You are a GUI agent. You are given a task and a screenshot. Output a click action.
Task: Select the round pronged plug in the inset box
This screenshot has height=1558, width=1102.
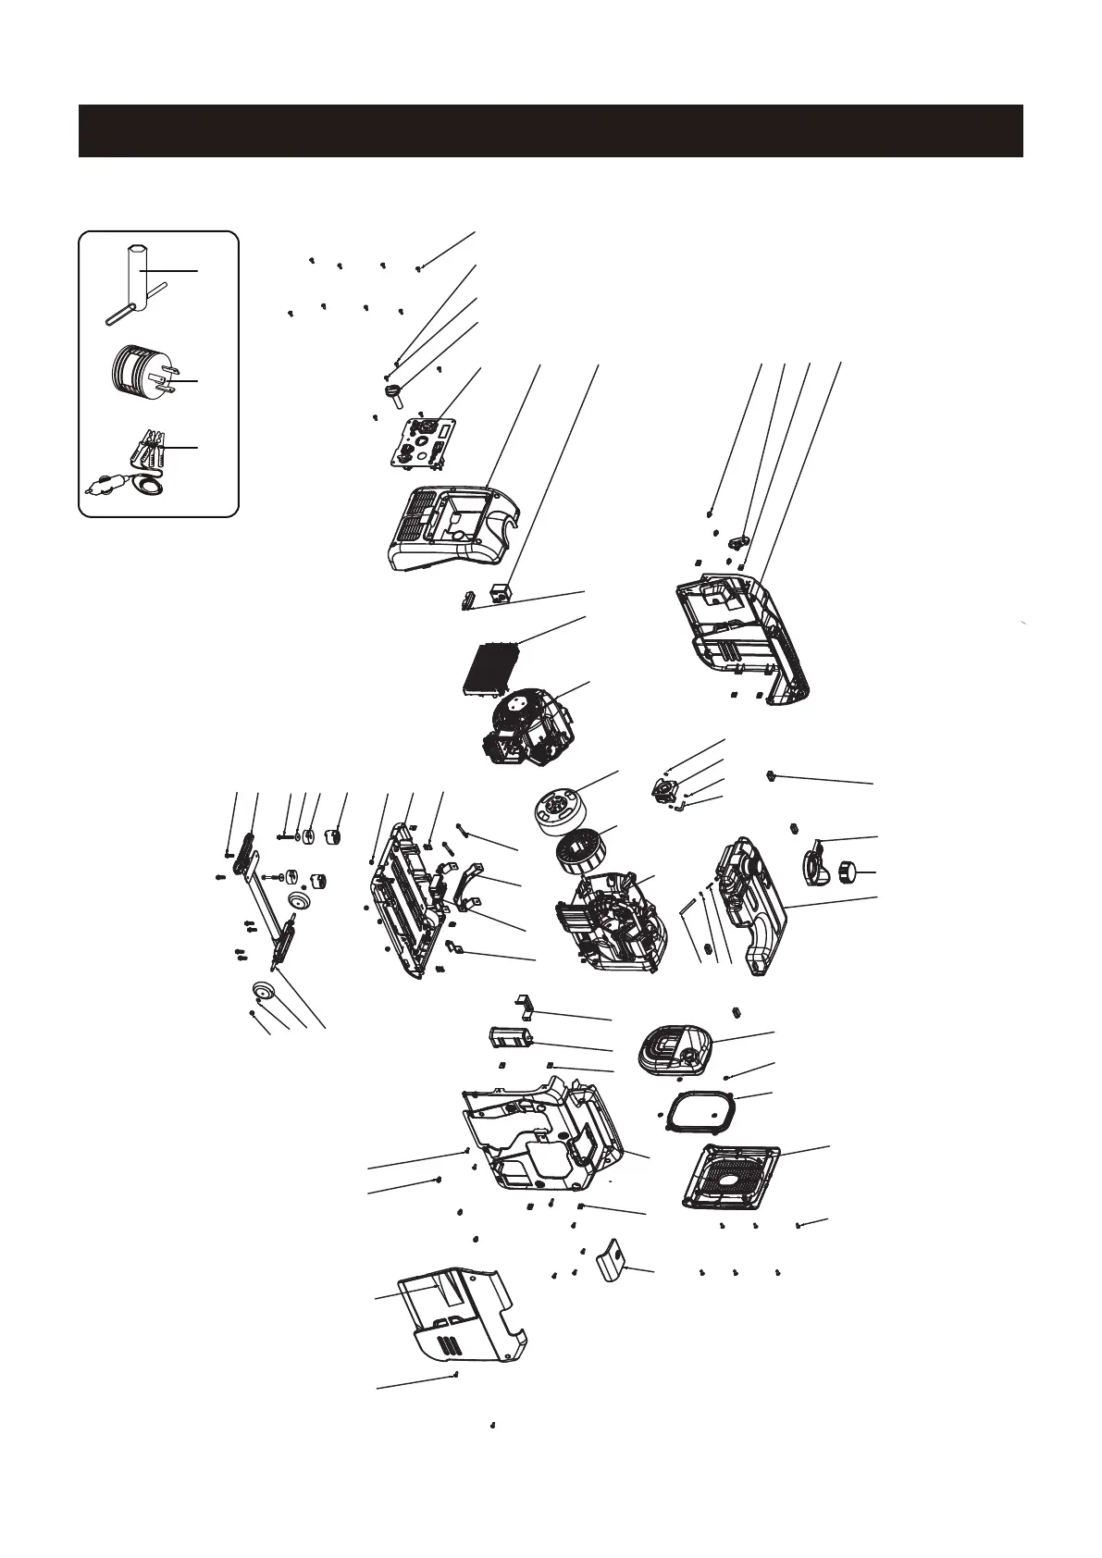tap(136, 370)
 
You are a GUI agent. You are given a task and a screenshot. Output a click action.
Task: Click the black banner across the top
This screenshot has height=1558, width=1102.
tap(551, 130)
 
